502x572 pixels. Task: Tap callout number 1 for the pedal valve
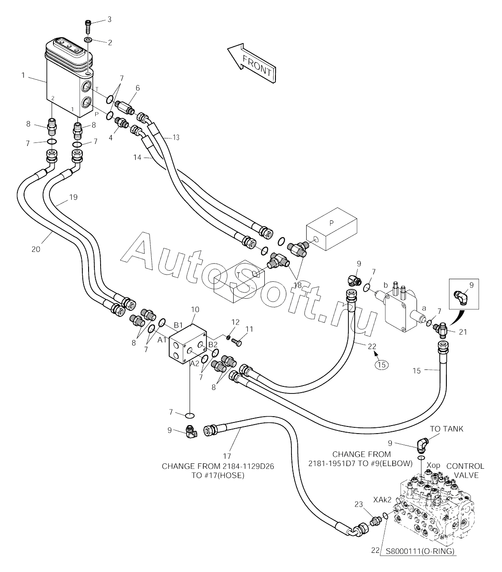point(23,76)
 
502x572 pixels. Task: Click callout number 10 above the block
point(195,309)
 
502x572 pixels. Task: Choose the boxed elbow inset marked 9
point(464,293)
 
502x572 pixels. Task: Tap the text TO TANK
point(446,429)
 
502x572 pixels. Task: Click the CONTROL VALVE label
point(465,471)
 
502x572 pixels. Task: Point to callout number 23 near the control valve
point(359,504)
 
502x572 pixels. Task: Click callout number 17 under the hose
point(227,455)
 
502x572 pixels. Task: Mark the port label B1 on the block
point(178,325)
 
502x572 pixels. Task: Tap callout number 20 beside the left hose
point(36,249)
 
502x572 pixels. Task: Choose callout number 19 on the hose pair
point(73,196)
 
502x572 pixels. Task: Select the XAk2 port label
point(382,500)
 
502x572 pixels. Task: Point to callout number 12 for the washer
point(235,321)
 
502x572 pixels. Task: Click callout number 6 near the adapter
point(138,88)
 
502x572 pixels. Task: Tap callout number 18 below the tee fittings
point(297,285)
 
